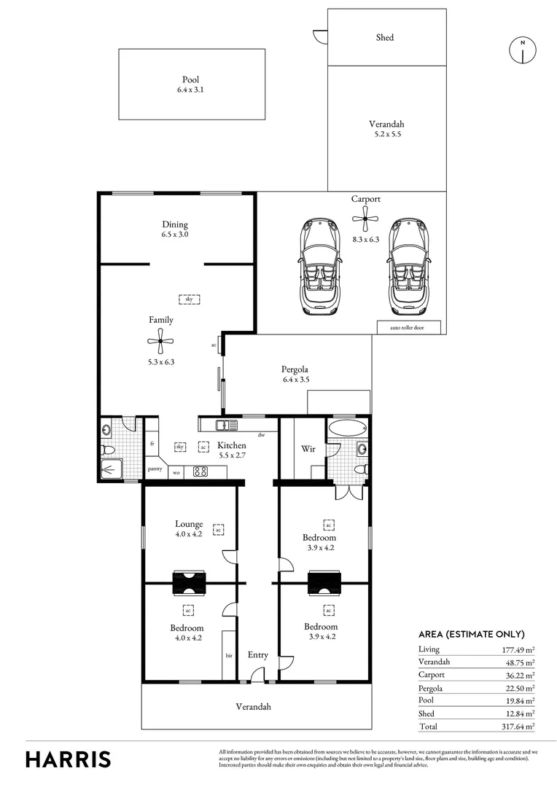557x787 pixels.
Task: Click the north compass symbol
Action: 522,50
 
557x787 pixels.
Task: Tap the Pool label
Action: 191,80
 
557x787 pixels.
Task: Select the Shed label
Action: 385,37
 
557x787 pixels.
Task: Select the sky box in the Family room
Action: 189,299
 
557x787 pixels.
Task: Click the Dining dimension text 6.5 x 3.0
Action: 175,235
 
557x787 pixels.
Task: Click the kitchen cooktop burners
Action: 200,471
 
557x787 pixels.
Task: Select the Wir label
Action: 308,449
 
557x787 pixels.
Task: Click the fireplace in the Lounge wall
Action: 190,582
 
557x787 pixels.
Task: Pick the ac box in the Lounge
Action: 217,530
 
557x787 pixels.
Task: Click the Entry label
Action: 257,655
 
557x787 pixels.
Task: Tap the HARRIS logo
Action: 69,759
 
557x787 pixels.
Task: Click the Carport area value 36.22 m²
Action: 520,675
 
